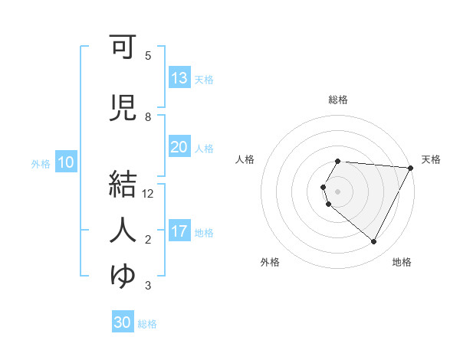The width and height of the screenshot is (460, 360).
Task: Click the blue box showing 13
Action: click(179, 78)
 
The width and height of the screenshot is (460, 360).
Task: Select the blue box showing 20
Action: click(179, 147)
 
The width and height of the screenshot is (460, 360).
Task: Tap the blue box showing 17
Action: click(179, 231)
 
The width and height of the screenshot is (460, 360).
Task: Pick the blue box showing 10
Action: click(66, 162)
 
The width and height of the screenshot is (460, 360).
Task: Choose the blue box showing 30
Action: click(123, 322)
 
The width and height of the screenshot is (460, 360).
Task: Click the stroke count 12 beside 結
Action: click(148, 194)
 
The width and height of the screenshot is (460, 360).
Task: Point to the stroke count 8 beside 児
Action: click(148, 117)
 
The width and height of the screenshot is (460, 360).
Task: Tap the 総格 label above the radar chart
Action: click(338, 100)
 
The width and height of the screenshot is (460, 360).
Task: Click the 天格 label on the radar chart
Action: click(431, 159)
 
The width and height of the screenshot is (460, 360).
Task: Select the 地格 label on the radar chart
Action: click(402, 262)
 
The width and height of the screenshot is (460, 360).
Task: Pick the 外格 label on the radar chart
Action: click(270, 262)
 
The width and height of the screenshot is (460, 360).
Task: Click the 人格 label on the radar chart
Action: click(245, 159)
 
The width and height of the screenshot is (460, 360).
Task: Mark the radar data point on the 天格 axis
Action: click(411, 168)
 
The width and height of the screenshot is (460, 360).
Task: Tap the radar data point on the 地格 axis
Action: click(374, 242)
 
